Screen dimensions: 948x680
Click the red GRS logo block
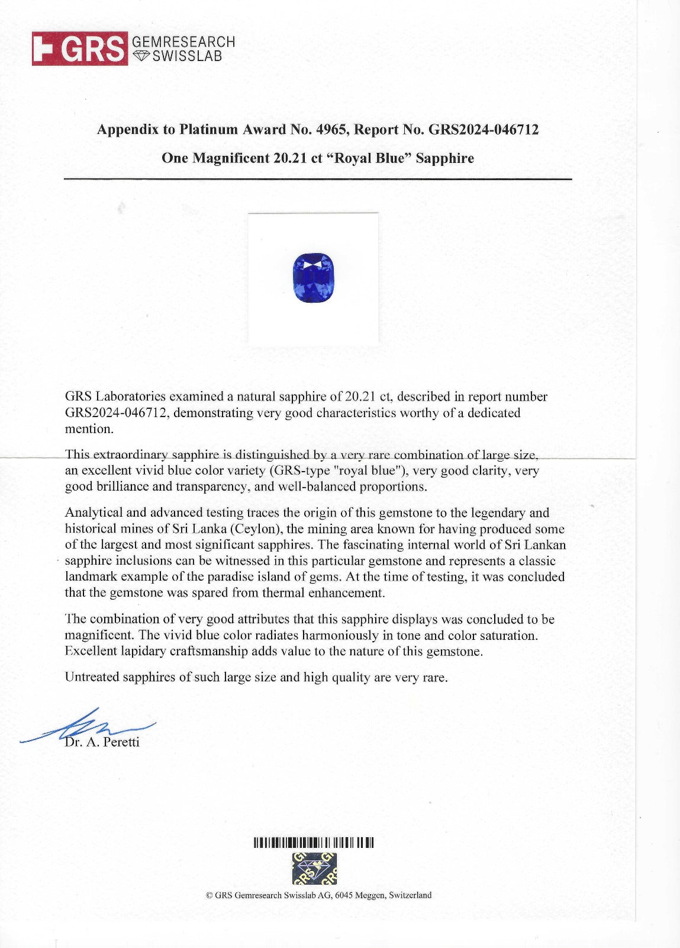pyautogui.click(x=79, y=49)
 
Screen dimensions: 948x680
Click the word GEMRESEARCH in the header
pyautogui.click(x=183, y=42)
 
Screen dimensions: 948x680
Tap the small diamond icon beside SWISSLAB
pyautogui.click(x=140, y=56)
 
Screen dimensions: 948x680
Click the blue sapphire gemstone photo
pyautogui.click(x=314, y=277)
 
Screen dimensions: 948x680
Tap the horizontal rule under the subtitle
pyautogui.click(x=318, y=179)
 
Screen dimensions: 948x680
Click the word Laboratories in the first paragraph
pyautogui.click(x=130, y=396)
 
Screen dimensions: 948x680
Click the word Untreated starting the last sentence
pyautogui.click(x=92, y=677)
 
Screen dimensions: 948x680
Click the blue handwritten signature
pyautogui.click(x=89, y=726)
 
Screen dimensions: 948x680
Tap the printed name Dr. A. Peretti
pyautogui.click(x=102, y=742)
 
